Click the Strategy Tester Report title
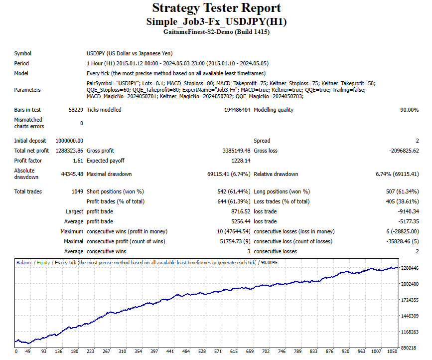(216, 8)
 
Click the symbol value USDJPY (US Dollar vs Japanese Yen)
(130, 53)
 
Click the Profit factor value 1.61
(78, 161)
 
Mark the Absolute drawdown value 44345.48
(72, 174)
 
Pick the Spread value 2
(417, 141)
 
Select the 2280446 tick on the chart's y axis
(410, 268)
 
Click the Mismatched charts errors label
(28, 123)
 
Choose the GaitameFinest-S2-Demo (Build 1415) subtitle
(216, 32)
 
